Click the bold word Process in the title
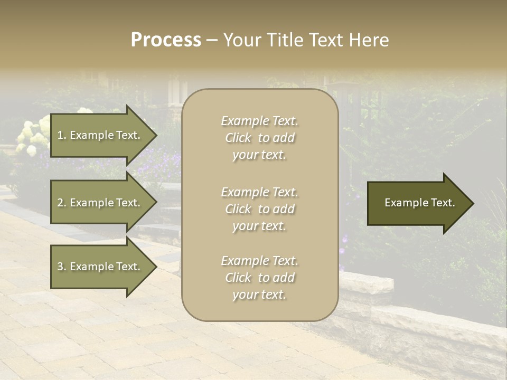[166, 40]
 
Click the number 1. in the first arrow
[61, 135]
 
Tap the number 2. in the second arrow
[61, 203]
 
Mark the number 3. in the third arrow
[61, 267]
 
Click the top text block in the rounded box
[259, 138]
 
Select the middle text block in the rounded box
[259, 209]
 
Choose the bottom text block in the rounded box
[259, 278]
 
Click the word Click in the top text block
[238, 138]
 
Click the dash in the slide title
[212, 41]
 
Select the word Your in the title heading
[241, 40]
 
